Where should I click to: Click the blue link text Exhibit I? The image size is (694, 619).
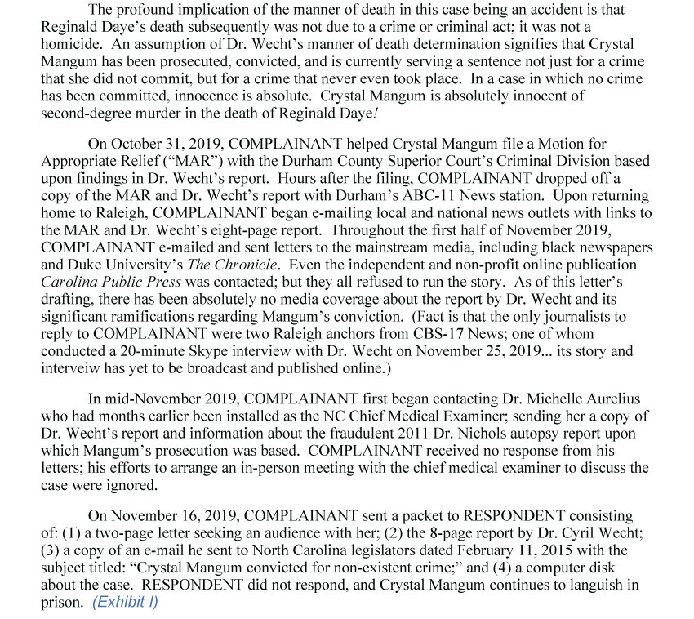pos(125,602)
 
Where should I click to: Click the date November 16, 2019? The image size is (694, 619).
pos(173,516)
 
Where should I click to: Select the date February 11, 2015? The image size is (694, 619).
pos(509,550)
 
